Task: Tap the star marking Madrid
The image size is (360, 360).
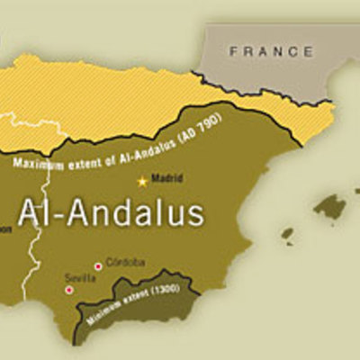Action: pos(141,181)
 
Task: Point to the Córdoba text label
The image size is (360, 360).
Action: pos(124,262)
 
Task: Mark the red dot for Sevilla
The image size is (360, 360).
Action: pos(68,290)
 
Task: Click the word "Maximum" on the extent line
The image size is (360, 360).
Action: pos(40,163)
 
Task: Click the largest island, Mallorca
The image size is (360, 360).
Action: pos(330,206)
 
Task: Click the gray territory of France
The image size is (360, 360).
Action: pos(270,67)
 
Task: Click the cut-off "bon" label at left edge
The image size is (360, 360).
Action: pos(5,228)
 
